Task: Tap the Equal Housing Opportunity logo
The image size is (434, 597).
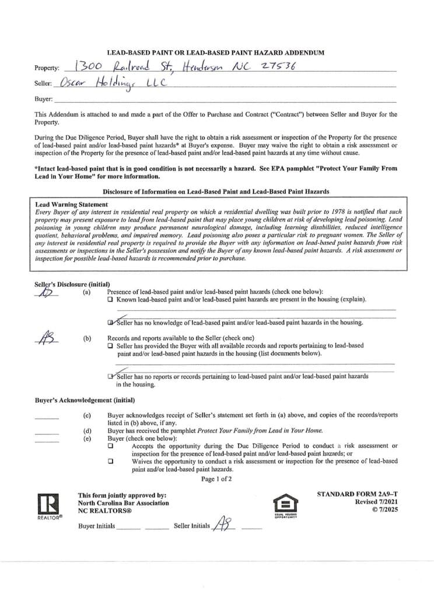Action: (285, 504)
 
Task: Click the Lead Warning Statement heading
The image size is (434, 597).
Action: (71, 205)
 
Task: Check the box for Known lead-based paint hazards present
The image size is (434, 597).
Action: (111, 299)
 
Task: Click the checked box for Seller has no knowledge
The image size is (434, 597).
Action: (111, 322)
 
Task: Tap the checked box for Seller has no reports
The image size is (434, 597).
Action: (111, 377)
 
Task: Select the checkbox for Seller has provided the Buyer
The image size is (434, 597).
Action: (111, 346)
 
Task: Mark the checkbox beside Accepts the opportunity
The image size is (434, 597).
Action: (111, 446)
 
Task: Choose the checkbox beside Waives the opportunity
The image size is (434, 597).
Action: (111, 461)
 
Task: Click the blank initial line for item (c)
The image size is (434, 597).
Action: (47, 417)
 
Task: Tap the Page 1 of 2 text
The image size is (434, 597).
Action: (216, 479)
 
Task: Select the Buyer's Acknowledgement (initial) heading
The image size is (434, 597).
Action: (85, 401)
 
